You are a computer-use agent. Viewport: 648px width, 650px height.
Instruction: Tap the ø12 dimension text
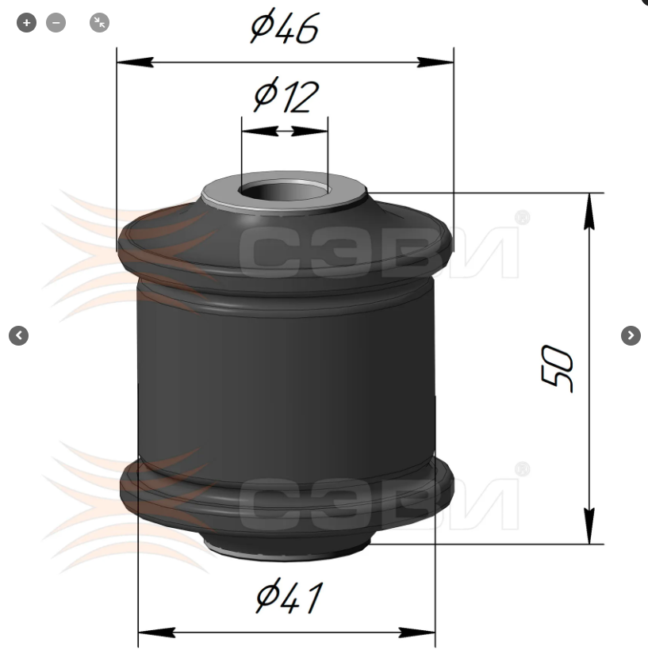tap(286, 95)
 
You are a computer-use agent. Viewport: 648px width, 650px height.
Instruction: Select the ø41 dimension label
tap(289, 596)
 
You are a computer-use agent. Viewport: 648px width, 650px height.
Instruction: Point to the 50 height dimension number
tap(557, 368)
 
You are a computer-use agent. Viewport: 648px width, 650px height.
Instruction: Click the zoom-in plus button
tap(26, 22)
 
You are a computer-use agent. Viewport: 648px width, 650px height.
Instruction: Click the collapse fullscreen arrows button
tap(100, 22)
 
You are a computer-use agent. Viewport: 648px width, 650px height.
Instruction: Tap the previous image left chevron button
tap(19, 335)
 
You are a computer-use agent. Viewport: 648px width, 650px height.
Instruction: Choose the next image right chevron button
tap(631, 335)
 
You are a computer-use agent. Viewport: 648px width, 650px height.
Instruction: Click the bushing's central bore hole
tap(284, 192)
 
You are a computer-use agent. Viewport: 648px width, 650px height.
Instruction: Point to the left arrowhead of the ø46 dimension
tap(136, 63)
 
